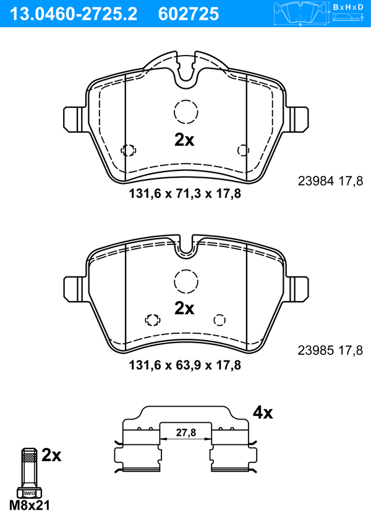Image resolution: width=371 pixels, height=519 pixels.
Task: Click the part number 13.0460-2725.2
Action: [74, 14]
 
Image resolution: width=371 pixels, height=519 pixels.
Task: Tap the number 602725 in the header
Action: [189, 14]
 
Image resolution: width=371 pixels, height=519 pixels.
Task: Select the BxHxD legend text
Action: [348, 7]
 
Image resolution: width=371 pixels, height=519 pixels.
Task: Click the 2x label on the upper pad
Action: [184, 140]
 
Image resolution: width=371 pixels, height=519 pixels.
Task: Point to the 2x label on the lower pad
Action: [184, 308]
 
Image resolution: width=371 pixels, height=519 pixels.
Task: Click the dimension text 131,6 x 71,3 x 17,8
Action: [185, 193]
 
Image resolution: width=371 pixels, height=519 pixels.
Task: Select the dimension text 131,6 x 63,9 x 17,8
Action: [185, 365]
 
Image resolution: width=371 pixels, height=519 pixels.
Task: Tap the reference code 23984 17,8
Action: [330, 181]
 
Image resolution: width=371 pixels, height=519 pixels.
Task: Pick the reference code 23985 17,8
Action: [330, 350]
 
